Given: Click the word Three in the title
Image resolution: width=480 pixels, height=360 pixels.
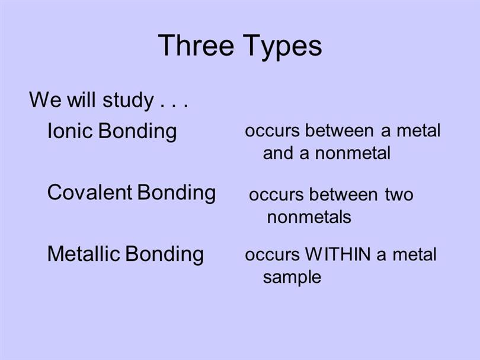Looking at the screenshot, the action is (196, 45).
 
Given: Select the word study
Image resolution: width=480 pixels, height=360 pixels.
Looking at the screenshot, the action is (128, 101).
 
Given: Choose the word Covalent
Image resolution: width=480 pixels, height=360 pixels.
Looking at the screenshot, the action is (89, 192).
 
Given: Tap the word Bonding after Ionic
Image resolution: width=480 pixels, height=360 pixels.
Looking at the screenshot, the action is (137, 132).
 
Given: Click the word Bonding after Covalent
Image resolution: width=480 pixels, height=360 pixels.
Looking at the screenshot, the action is (177, 193).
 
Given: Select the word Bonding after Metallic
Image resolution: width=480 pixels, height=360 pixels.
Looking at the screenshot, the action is (165, 255).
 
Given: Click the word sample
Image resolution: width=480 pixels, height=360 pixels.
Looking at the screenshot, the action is (292, 278).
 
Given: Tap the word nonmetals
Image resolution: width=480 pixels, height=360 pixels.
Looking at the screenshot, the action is (309, 217).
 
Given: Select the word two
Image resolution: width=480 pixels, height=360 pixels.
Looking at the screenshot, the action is (399, 195).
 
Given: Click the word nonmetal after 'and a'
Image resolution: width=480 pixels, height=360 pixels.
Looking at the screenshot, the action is (353, 153).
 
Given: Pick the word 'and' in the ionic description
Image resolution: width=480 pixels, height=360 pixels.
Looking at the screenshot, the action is (278, 153).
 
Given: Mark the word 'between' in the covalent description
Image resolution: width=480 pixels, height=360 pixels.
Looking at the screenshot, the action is (343, 195).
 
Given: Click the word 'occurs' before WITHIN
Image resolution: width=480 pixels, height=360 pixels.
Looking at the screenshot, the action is (272, 255).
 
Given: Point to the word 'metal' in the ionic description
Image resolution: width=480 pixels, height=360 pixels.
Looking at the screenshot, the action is (418, 130).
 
